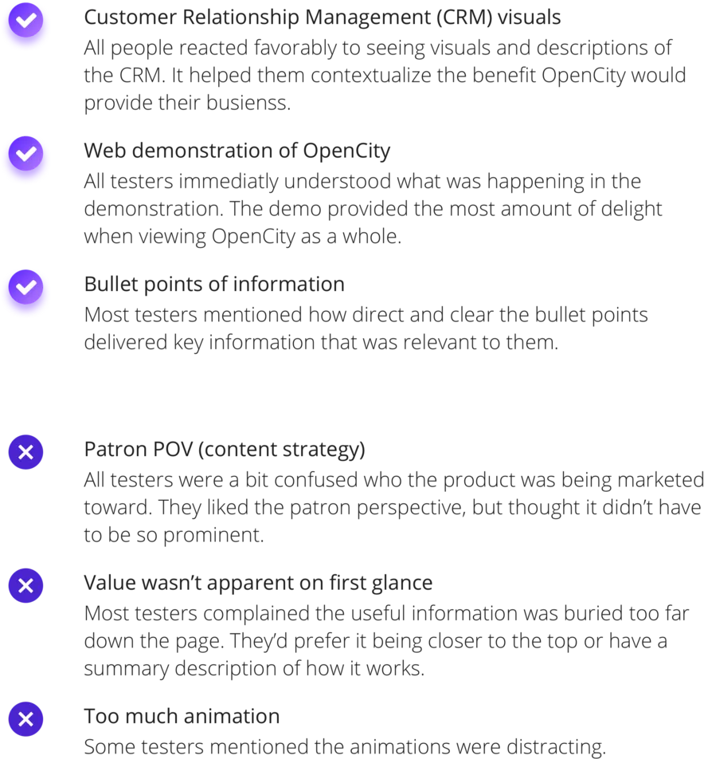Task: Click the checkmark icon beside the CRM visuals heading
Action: (25, 20)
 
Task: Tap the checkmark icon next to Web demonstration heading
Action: (25, 153)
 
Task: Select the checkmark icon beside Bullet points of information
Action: (25, 287)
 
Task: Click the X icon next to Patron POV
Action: (25, 452)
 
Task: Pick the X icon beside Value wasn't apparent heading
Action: (25, 586)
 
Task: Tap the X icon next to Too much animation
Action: (25, 719)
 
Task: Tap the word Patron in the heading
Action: (115, 450)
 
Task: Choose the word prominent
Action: (213, 536)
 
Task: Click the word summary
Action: (126, 669)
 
